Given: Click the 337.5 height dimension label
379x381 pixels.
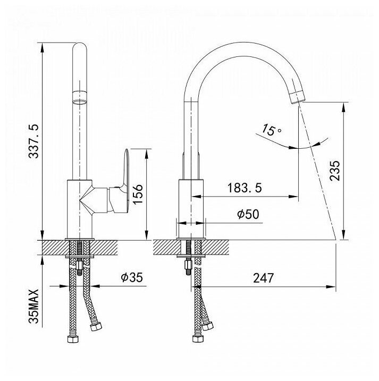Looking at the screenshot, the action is [33, 141].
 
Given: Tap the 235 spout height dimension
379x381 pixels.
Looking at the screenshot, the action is [334, 170].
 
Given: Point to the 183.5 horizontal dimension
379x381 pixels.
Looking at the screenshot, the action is [245, 188].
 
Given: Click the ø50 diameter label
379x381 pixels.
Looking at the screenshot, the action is [248, 214].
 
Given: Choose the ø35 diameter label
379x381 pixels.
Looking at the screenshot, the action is [132, 277].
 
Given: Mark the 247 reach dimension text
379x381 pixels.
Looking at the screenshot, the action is [264, 278].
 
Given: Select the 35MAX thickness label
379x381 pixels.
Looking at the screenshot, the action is [33, 306].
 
